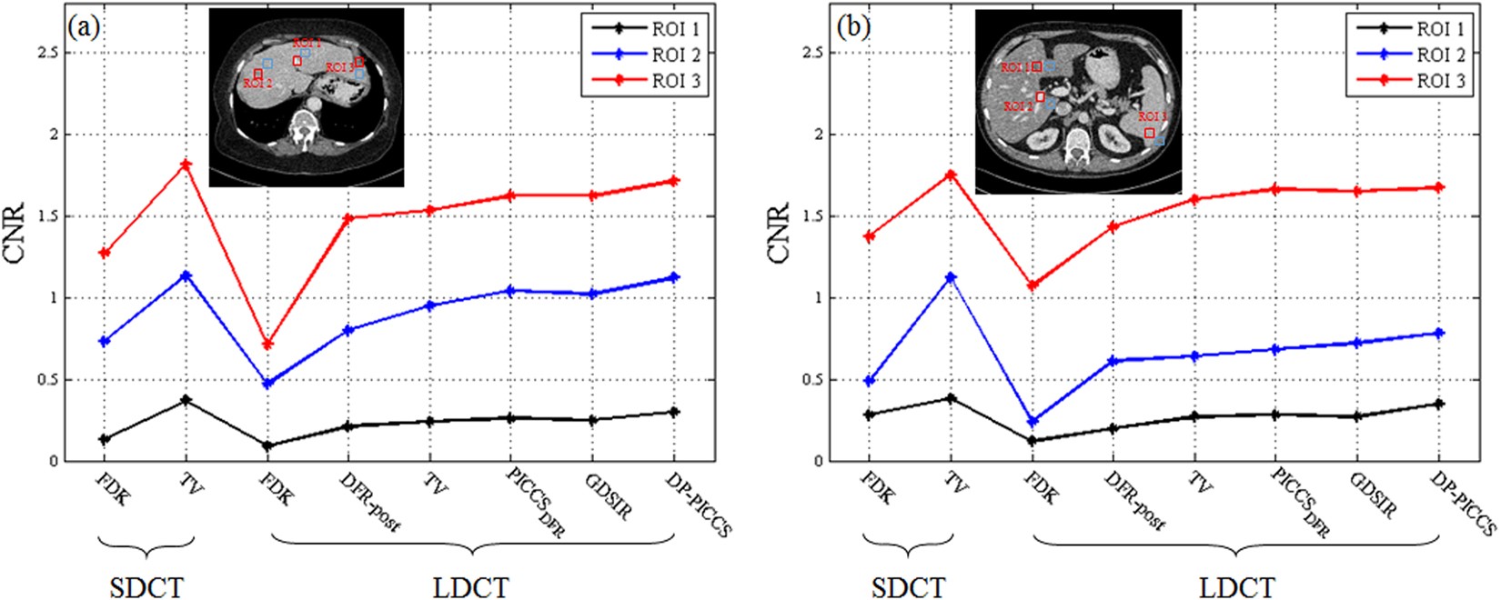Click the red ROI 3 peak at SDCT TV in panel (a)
[x=186, y=165]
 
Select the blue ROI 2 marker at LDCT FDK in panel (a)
[x=267, y=384]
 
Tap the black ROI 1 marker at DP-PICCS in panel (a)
[x=674, y=412]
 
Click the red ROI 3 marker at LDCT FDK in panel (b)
[x=1031, y=285]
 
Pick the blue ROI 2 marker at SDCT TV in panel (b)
[x=950, y=277]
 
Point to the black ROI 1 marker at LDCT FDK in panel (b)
[x=1031, y=441]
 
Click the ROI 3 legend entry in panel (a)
[x=675, y=81]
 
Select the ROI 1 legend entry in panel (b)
[x=1440, y=29]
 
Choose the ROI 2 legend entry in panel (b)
[x=1440, y=55]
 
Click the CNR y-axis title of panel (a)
[x=15, y=235]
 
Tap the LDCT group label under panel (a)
[x=470, y=586]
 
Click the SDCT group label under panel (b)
[x=909, y=586]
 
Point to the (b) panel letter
[x=853, y=26]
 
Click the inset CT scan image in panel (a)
[x=307, y=97]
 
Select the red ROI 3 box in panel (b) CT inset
[x=1150, y=133]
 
